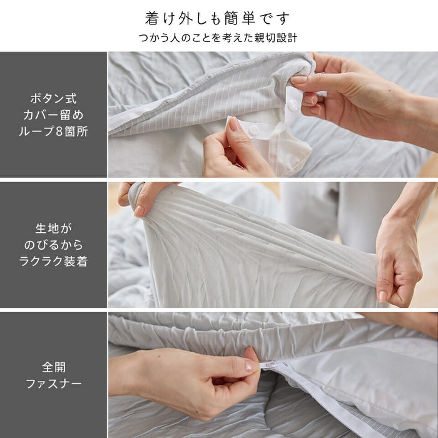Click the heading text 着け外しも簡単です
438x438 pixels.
point(217,18)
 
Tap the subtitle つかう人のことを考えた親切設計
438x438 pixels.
point(218,38)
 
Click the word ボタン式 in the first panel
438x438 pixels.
point(53,99)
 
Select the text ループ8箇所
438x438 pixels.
point(53,131)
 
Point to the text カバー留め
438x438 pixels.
point(53,115)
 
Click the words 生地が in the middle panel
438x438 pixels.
point(53,228)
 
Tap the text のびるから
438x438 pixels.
point(53,245)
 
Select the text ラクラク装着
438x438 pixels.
point(53,262)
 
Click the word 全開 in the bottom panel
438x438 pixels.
point(54,367)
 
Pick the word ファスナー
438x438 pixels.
point(54,384)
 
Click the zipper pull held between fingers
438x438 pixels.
point(268,365)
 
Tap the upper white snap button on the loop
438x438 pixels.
point(293,104)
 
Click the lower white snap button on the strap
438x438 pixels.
point(254,130)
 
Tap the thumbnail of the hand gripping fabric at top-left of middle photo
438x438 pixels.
point(139,211)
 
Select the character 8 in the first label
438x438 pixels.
point(59,131)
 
